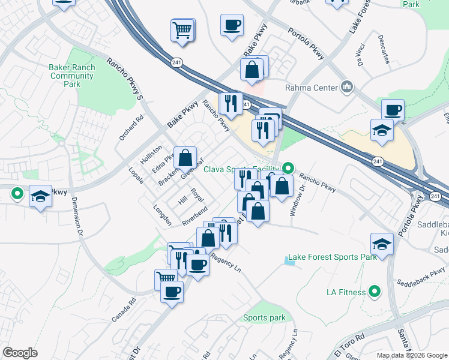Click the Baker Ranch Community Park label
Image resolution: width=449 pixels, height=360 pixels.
[73, 76]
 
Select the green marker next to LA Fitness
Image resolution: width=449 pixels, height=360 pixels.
[375, 292]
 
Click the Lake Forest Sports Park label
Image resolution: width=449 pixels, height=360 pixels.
[332, 257]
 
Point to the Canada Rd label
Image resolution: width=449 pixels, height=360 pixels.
[125, 309]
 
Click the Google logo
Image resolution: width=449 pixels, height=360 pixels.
[20, 353]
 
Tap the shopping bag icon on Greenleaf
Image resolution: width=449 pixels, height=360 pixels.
[186, 159]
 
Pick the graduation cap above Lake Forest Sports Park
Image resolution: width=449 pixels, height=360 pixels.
[381, 244]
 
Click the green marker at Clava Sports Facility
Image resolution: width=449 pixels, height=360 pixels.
[288, 169]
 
